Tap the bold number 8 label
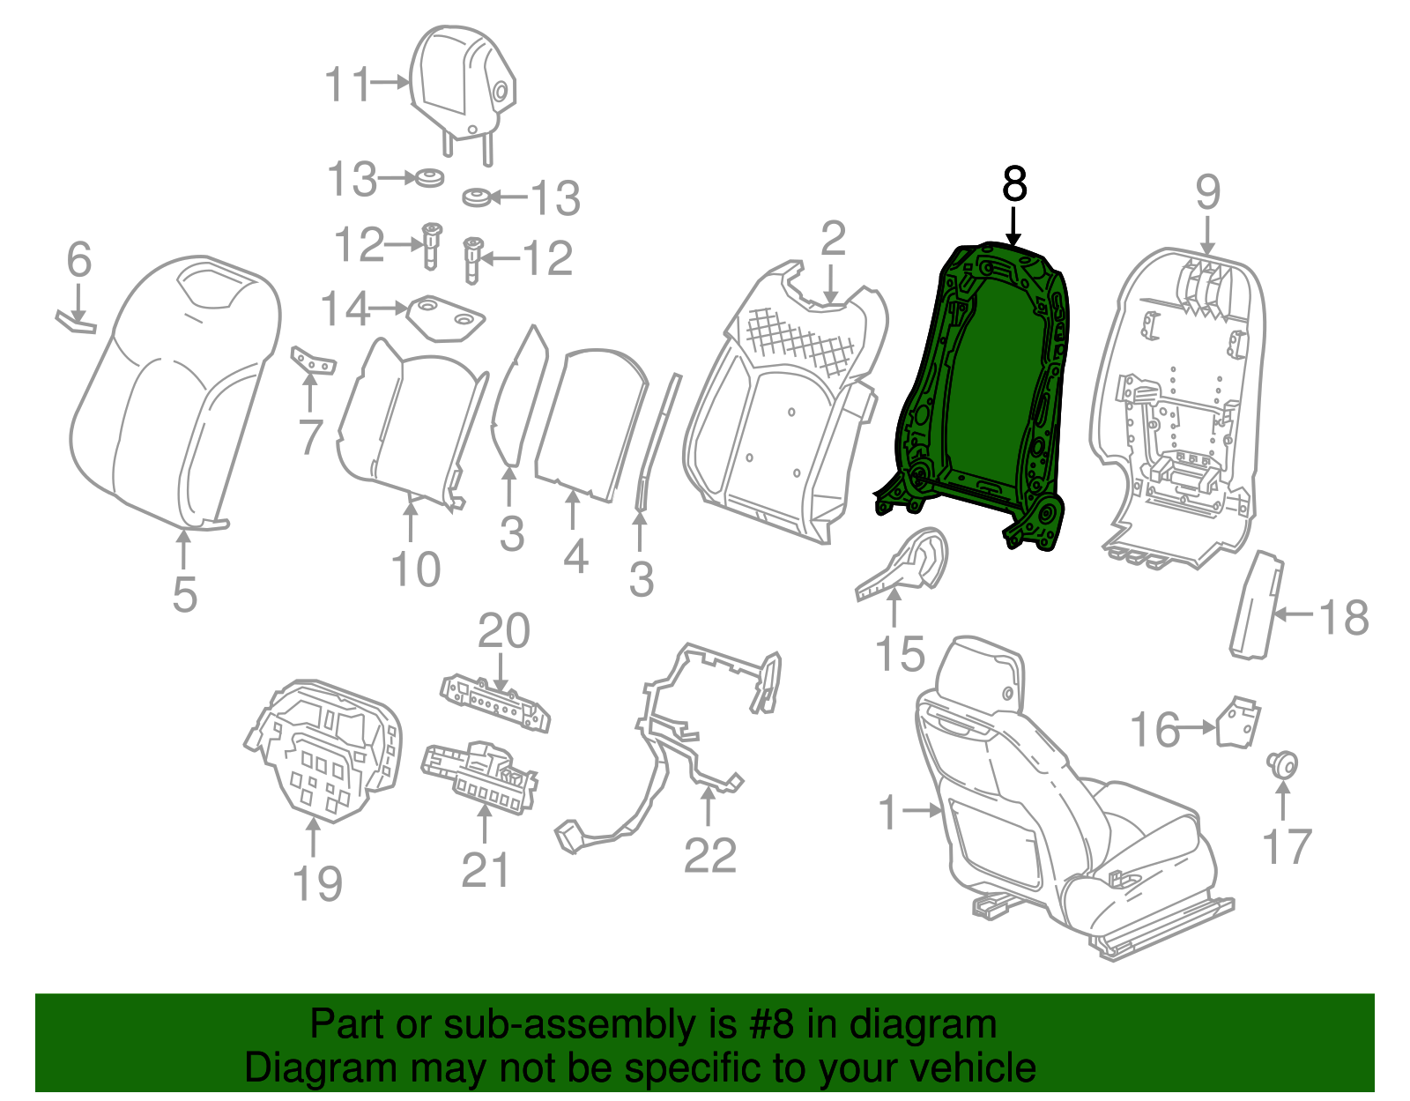[x=1014, y=185]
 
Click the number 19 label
[x=316, y=882]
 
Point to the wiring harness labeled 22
[x=670, y=749]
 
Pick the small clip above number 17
[x=1282, y=763]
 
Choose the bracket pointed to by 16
[x=1237, y=723]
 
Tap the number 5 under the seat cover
[x=184, y=594]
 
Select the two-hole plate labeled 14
[x=445, y=318]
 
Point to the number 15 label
[x=900, y=654]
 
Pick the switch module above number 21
[x=480, y=776]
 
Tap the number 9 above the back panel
[x=1207, y=191]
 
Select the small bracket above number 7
[x=313, y=360]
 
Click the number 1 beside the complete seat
[x=888, y=810]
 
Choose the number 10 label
[x=416, y=569]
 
